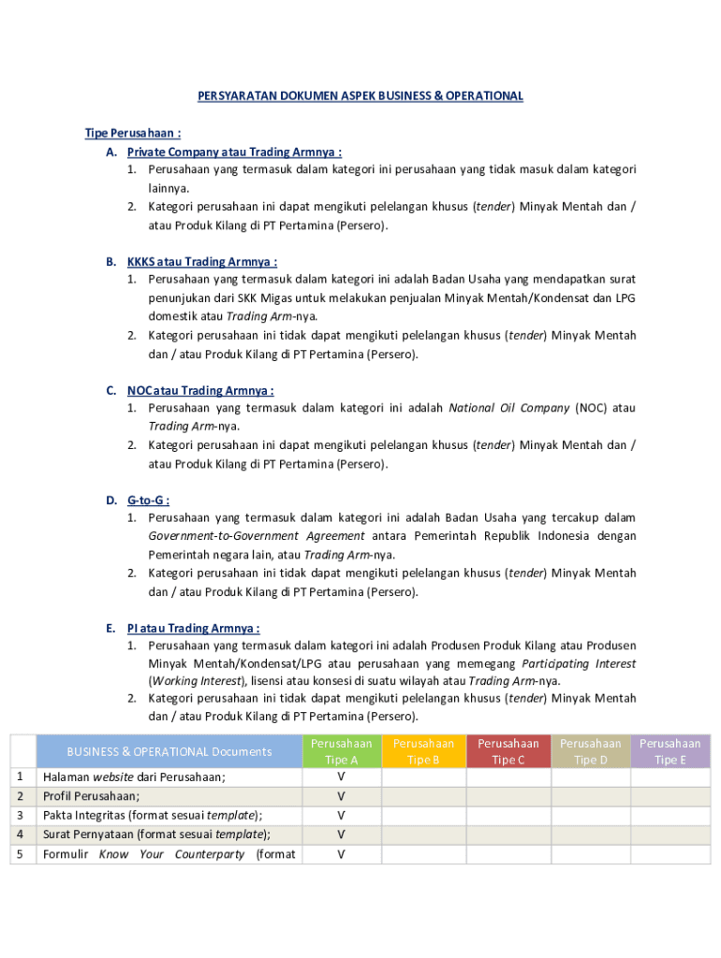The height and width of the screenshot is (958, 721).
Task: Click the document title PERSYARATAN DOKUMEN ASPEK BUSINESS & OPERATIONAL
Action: pyautogui.click(x=360, y=96)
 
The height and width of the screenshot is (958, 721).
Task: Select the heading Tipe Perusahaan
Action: pyautogui.click(x=120, y=133)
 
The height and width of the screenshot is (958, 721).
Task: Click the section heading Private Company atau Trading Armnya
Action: pyautogui.click(x=234, y=152)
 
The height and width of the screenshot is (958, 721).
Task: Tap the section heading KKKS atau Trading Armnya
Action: pyautogui.click(x=202, y=262)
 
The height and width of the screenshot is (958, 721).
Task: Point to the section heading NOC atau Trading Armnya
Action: pyautogui.click(x=200, y=390)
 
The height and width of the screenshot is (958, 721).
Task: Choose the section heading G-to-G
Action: pyautogui.click(x=148, y=500)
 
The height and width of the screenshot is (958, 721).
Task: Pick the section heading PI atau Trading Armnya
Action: pyautogui.click(x=194, y=628)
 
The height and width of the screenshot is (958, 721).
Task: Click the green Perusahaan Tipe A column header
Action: pyautogui.click(x=341, y=751)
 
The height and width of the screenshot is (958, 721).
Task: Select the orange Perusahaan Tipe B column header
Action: pyautogui.click(x=423, y=751)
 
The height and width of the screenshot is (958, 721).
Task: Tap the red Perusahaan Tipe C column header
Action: pyautogui.click(x=508, y=751)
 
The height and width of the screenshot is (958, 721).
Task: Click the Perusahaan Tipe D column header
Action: pyautogui.click(x=590, y=751)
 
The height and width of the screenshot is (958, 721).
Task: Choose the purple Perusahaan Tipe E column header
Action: pyautogui.click(x=669, y=751)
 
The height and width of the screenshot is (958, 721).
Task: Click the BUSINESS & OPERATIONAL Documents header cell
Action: pyautogui.click(x=169, y=751)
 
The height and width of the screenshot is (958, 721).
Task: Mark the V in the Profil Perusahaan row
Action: pyautogui.click(x=341, y=796)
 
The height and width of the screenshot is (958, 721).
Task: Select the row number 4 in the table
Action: pyautogui.click(x=21, y=835)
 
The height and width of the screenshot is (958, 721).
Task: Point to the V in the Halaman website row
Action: pyautogui.click(x=341, y=777)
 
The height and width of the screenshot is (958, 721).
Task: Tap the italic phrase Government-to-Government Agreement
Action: pyautogui.click(x=257, y=536)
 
